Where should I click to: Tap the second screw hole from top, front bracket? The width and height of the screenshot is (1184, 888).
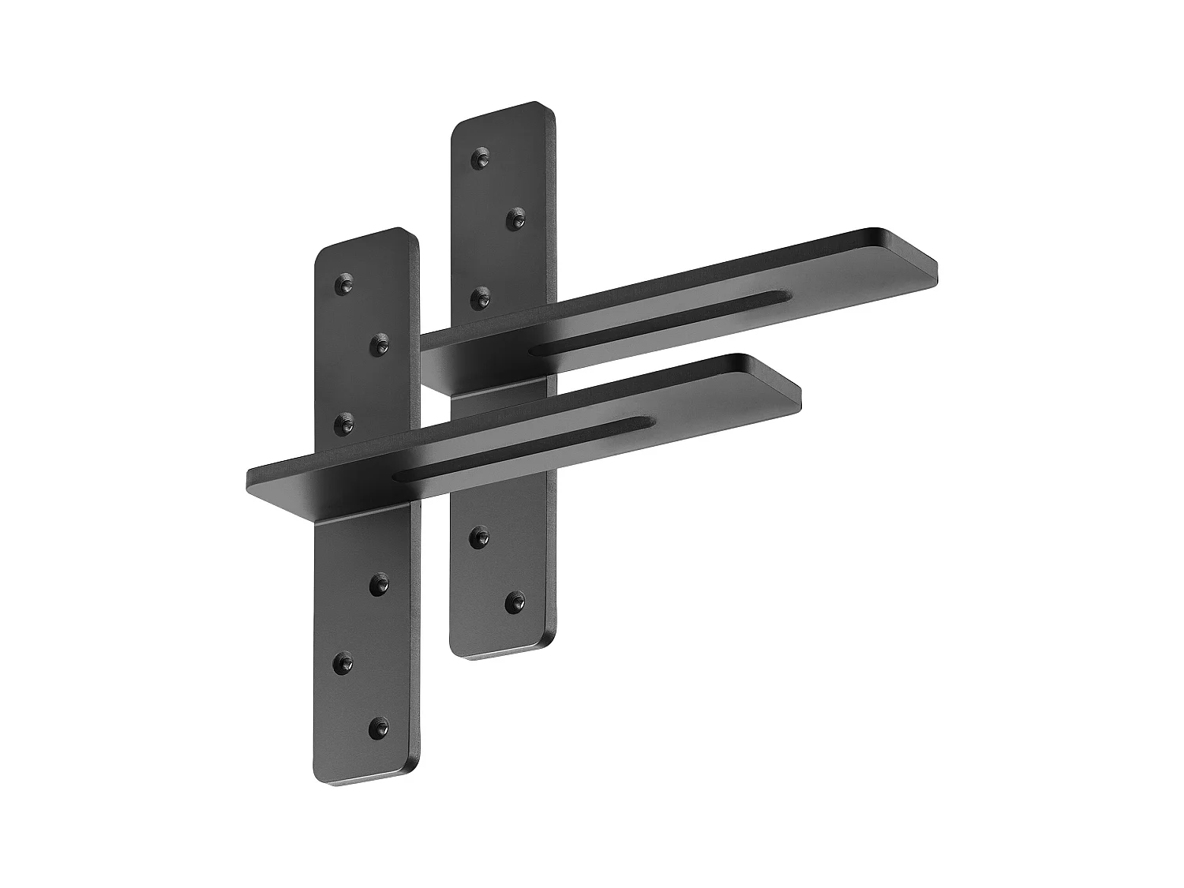380,344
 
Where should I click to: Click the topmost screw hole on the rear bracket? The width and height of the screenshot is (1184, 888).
479,159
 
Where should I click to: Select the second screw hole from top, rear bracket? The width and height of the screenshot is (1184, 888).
515,219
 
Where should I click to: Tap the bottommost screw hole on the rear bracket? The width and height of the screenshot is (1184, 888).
515,602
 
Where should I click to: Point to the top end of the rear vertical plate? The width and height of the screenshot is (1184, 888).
503,113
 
